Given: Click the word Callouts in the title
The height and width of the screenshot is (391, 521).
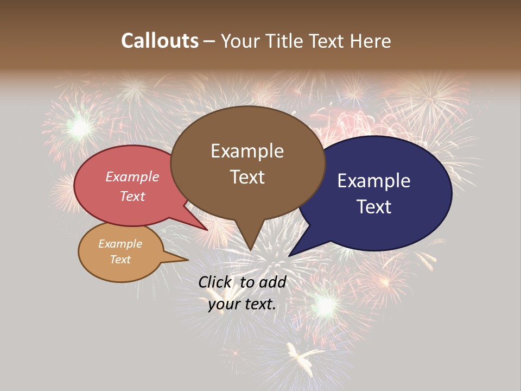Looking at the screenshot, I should (160, 41).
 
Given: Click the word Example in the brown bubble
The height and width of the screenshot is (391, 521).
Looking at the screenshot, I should (247, 151).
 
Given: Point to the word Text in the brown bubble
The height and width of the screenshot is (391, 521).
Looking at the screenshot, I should (247, 177).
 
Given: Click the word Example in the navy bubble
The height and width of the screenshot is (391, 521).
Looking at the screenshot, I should (373, 181).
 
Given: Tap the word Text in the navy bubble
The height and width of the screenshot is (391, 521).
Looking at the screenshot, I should (374, 207).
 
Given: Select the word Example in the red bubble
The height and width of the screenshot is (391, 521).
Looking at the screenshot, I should (132, 176).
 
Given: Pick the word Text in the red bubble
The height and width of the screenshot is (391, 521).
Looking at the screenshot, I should (132, 196).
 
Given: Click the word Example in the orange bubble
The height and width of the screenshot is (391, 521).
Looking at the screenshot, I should (120, 244).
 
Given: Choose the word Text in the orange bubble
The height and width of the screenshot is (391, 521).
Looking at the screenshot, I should (120, 260).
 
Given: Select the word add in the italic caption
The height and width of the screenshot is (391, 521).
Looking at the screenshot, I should (273, 282).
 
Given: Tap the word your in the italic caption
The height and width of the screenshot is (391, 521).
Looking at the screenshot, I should (223, 304).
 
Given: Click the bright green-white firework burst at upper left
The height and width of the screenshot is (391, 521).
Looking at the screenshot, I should (80, 128).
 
